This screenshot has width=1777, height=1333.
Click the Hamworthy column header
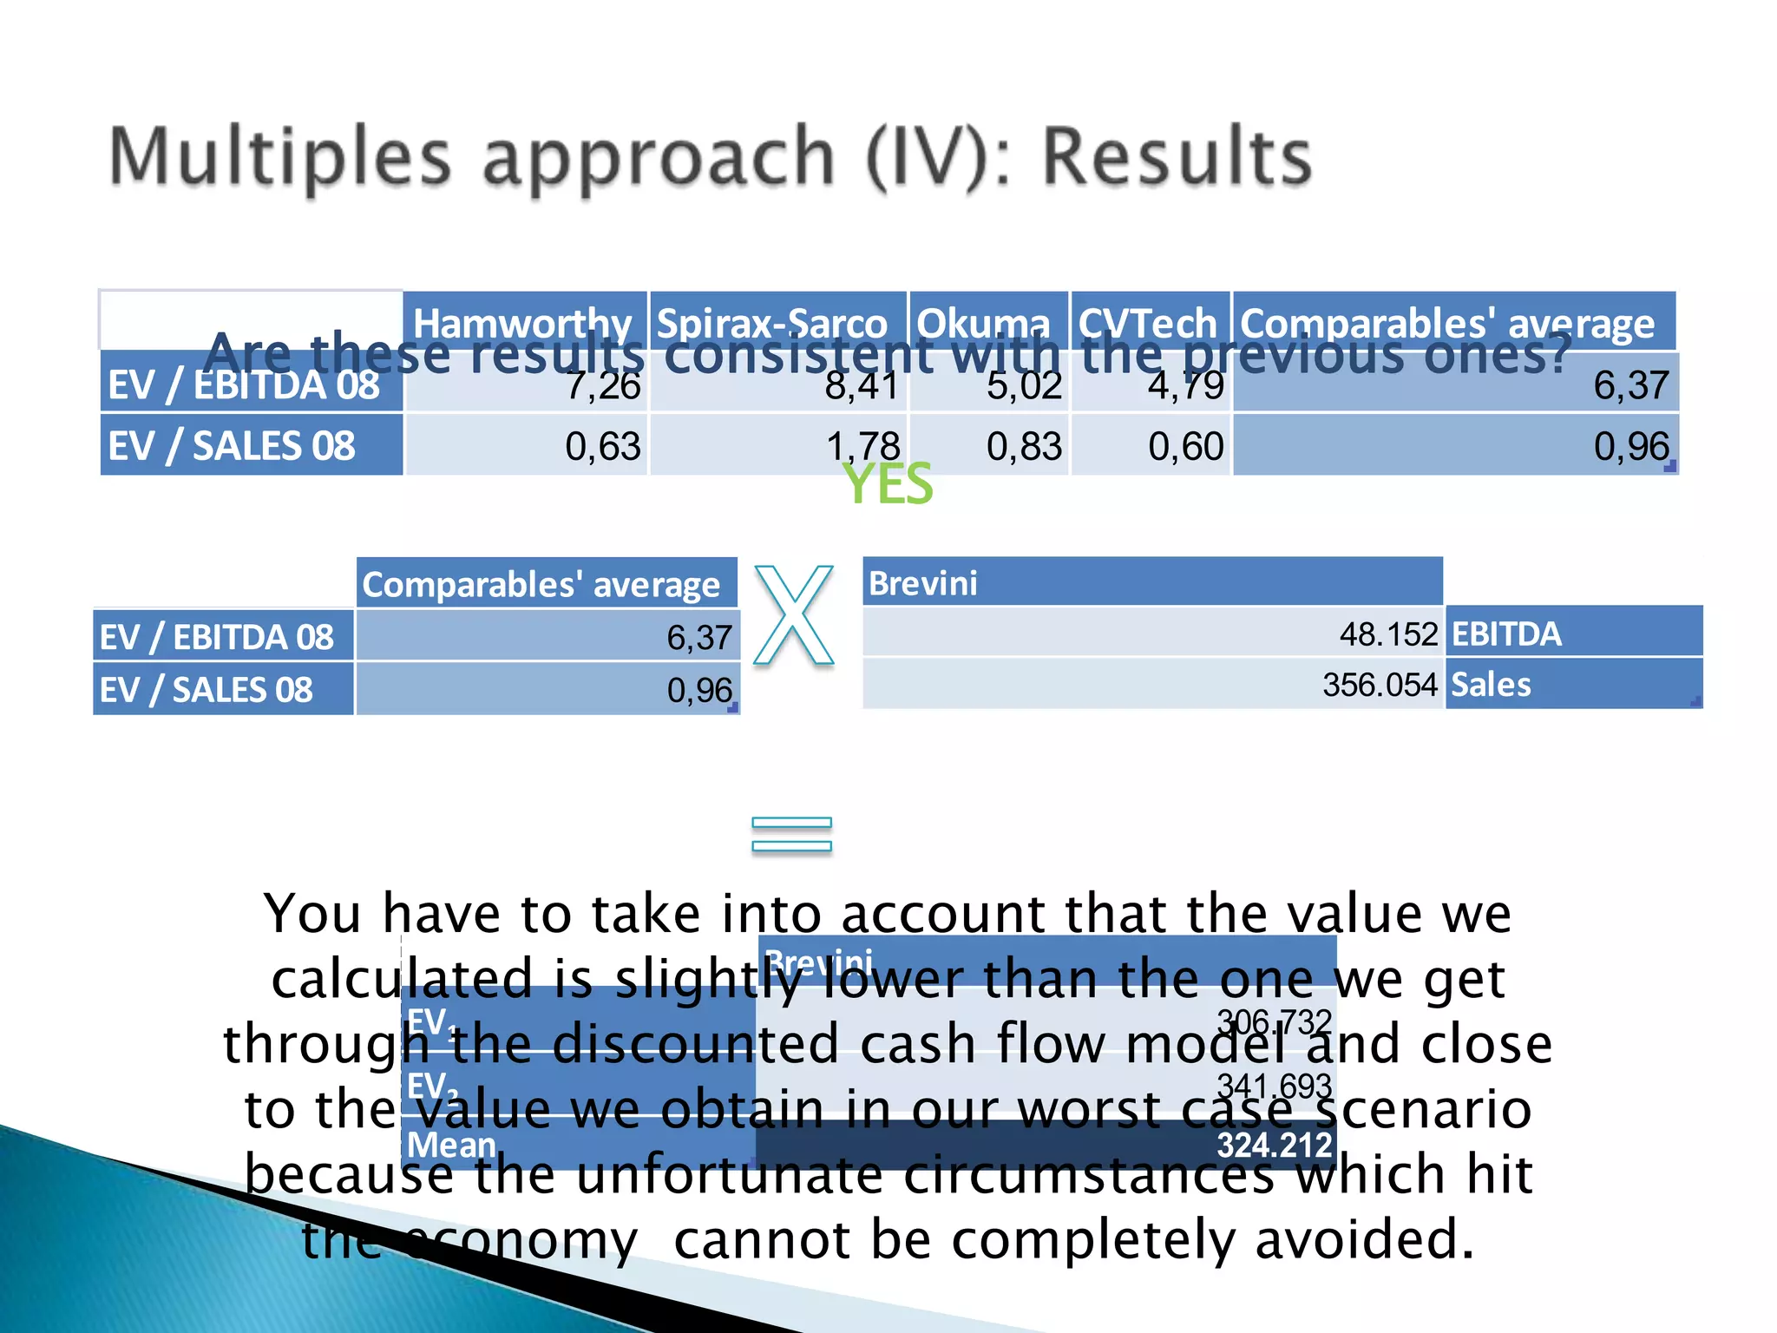tap(522, 323)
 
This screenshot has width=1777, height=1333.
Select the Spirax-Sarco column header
tap(771, 323)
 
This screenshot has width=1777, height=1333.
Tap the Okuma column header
tap(983, 323)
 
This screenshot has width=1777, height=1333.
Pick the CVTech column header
tap(1147, 323)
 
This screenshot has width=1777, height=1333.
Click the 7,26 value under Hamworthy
tap(603, 385)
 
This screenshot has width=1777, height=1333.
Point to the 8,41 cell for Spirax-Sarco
tap(862, 385)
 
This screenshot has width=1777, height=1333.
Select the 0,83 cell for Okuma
tap(1024, 446)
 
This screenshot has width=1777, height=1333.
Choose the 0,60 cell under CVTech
tap(1185, 446)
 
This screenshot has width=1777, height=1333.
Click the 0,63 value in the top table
tap(603, 446)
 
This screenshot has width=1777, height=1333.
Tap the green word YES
tap(888, 484)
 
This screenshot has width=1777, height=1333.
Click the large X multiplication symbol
tap(793, 615)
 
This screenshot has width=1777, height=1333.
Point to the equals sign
tap(791, 834)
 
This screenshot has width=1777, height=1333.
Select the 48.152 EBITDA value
tap(1388, 634)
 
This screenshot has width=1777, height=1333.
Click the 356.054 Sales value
tap(1380, 685)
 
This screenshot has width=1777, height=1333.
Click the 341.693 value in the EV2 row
tap(1274, 1085)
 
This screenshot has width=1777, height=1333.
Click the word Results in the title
tap(1177, 157)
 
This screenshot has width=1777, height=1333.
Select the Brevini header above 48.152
tap(923, 583)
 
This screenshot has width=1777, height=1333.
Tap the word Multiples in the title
tap(280, 157)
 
